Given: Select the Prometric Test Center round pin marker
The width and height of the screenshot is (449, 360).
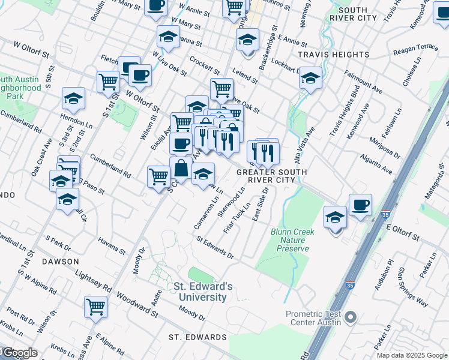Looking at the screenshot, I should pos(352,317).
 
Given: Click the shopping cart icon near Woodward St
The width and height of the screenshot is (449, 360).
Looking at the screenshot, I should pos(95,307).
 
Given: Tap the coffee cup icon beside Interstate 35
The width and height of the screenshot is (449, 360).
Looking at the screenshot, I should pos(360,205).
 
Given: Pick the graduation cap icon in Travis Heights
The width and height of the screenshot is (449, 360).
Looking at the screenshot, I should pos(310,78).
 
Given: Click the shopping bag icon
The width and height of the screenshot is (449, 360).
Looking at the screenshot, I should pos(181,168).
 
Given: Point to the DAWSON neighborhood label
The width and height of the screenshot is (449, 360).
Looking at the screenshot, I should pos(61,262).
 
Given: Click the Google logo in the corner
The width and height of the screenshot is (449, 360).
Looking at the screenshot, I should pos(19,353).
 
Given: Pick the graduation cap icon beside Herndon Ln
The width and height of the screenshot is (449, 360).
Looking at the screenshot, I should pos(73,98).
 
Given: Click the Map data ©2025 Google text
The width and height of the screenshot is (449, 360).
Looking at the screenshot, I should pos(412,355).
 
